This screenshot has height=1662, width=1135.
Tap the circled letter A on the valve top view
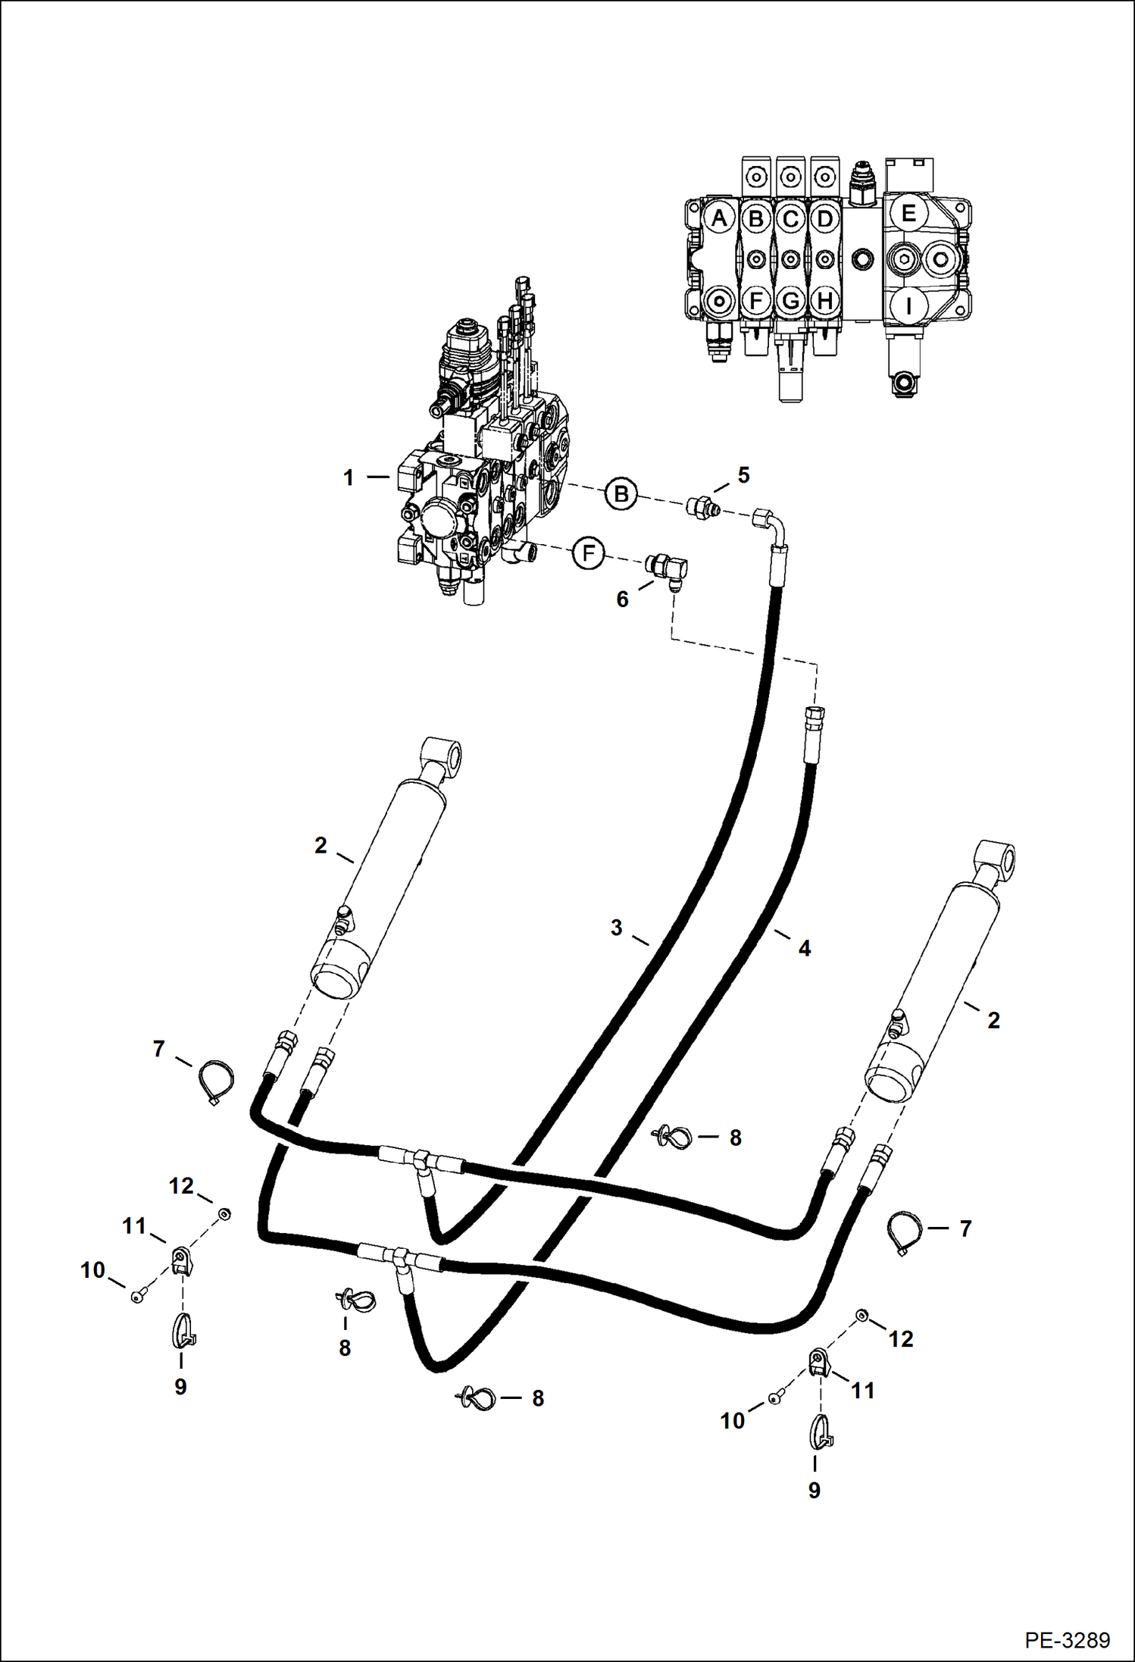(x=718, y=218)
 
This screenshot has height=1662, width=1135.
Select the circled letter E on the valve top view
(x=908, y=214)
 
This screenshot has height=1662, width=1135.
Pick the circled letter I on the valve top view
(x=908, y=306)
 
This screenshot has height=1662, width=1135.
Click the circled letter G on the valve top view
(x=790, y=301)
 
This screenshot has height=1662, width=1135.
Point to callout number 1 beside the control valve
(x=348, y=478)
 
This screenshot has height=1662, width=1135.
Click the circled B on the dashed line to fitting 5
(x=621, y=495)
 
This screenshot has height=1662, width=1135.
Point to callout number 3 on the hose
(x=616, y=927)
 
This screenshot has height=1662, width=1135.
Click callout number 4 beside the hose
(x=804, y=948)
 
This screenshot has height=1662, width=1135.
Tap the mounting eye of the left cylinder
(x=446, y=757)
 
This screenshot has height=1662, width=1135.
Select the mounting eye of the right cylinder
(x=1001, y=860)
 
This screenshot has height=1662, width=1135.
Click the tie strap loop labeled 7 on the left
(x=215, y=1081)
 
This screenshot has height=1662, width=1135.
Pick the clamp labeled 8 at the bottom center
(x=477, y=1397)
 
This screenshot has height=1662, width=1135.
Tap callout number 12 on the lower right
(x=900, y=1339)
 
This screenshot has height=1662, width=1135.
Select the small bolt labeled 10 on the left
(x=136, y=1297)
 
